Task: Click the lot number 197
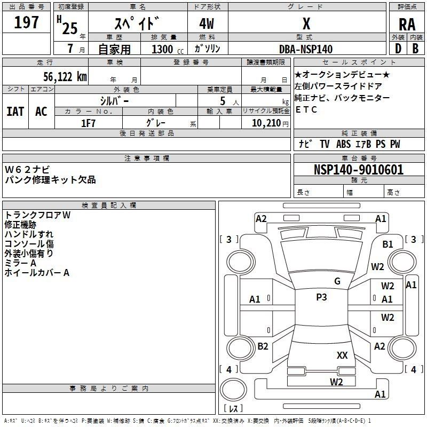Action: tap(27, 22)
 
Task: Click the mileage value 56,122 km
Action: tap(58, 77)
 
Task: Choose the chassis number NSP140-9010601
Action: tap(358, 170)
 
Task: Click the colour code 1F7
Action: tap(88, 123)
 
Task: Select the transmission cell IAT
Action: tap(15, 111)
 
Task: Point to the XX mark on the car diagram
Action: tap(342, 355)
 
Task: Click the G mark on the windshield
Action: tap(337, 281)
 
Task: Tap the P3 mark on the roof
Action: tap(321, 297)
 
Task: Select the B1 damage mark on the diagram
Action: tap(388, 244)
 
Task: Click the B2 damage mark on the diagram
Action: tap(263, 346)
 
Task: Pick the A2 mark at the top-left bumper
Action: tap(261, 218)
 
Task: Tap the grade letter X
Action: tap(306, 24)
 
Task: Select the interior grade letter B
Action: tap(415, 49)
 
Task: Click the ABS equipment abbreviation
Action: tap(343, 144)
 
